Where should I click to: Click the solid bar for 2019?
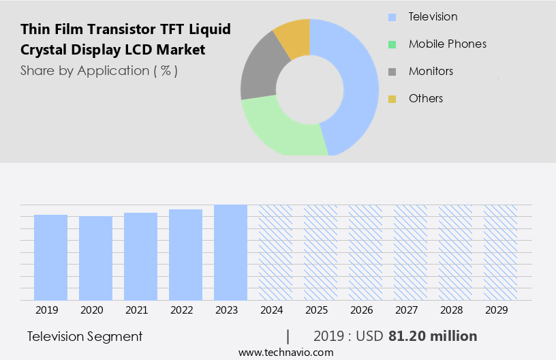pyautogui.click(x=50, y=257)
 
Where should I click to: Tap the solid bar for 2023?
pyautogui.click(x=230, y=252)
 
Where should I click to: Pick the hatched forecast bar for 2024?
pyautogui.click(x=275, y=252)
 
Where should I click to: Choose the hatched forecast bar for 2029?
pyautogui.click(x=500, y=252)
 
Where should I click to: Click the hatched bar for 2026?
pyautogui.click(x=365, y=252)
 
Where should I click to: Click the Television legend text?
pyautogui.click(x=433, y=16)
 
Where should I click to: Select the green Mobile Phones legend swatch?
pyautogui.click(x=392, y=44)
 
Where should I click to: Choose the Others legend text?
pyautogui.click(x=425, y=98)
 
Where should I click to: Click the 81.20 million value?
pyautogui.click(x=433, y=336)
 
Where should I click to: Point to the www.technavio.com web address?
pyautogui.click(x=285, y=352)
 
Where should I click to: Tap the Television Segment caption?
pyautogui.click(x=85, y=336)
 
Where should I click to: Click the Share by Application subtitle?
pyautogui.click(x=99, y=70)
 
